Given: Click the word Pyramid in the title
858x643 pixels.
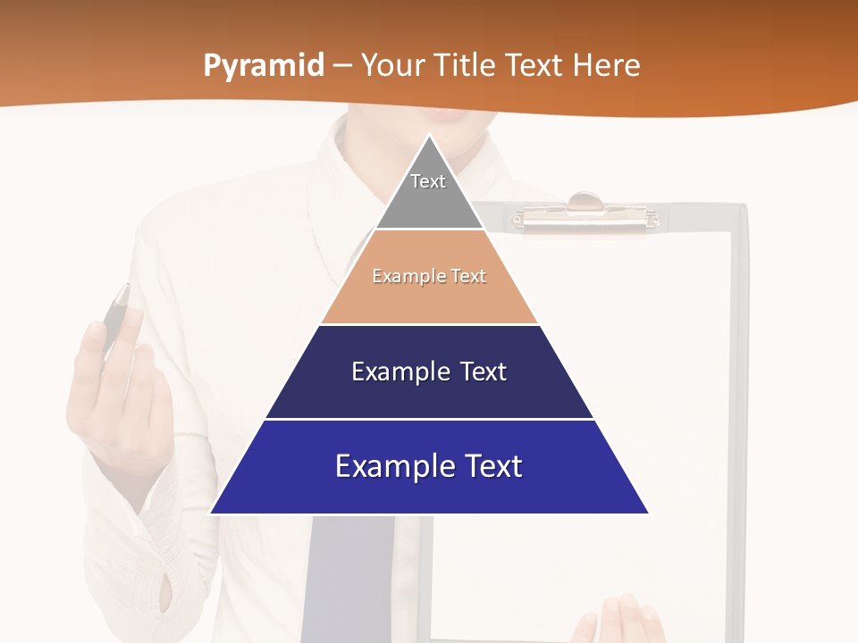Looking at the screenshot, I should pos(264,66).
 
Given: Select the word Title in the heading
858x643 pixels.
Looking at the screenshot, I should pos(467,66).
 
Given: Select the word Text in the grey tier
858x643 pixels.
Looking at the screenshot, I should pos(428,181).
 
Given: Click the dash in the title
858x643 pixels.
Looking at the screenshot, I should pos(342,66).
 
